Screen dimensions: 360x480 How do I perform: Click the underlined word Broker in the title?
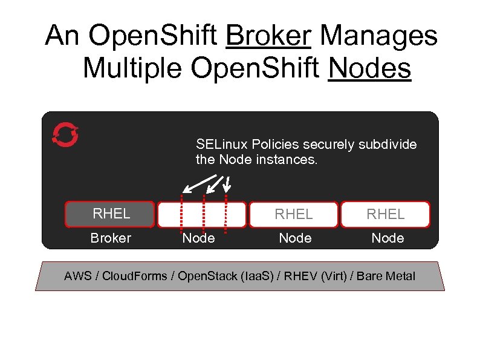coord(268,36)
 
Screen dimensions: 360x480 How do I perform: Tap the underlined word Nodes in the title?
coord(369,68)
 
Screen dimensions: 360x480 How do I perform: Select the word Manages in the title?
coord(378,36)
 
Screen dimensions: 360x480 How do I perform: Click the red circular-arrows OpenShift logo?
coord(65,134)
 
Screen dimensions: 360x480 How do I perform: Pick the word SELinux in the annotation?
coord(222,145)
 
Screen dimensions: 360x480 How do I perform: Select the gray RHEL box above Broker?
coord(111,214)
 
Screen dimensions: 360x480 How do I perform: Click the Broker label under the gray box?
coord(111,238)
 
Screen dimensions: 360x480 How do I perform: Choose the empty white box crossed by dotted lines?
coord(202,214)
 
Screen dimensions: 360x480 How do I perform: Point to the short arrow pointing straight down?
coord(229,182)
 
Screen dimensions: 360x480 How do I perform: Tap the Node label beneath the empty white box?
coord(198,238)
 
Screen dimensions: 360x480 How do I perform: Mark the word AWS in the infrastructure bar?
coord(77,277)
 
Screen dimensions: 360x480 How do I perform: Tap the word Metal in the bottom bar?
coord(401,277)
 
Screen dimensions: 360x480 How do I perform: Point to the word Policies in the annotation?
coord(275,145)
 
